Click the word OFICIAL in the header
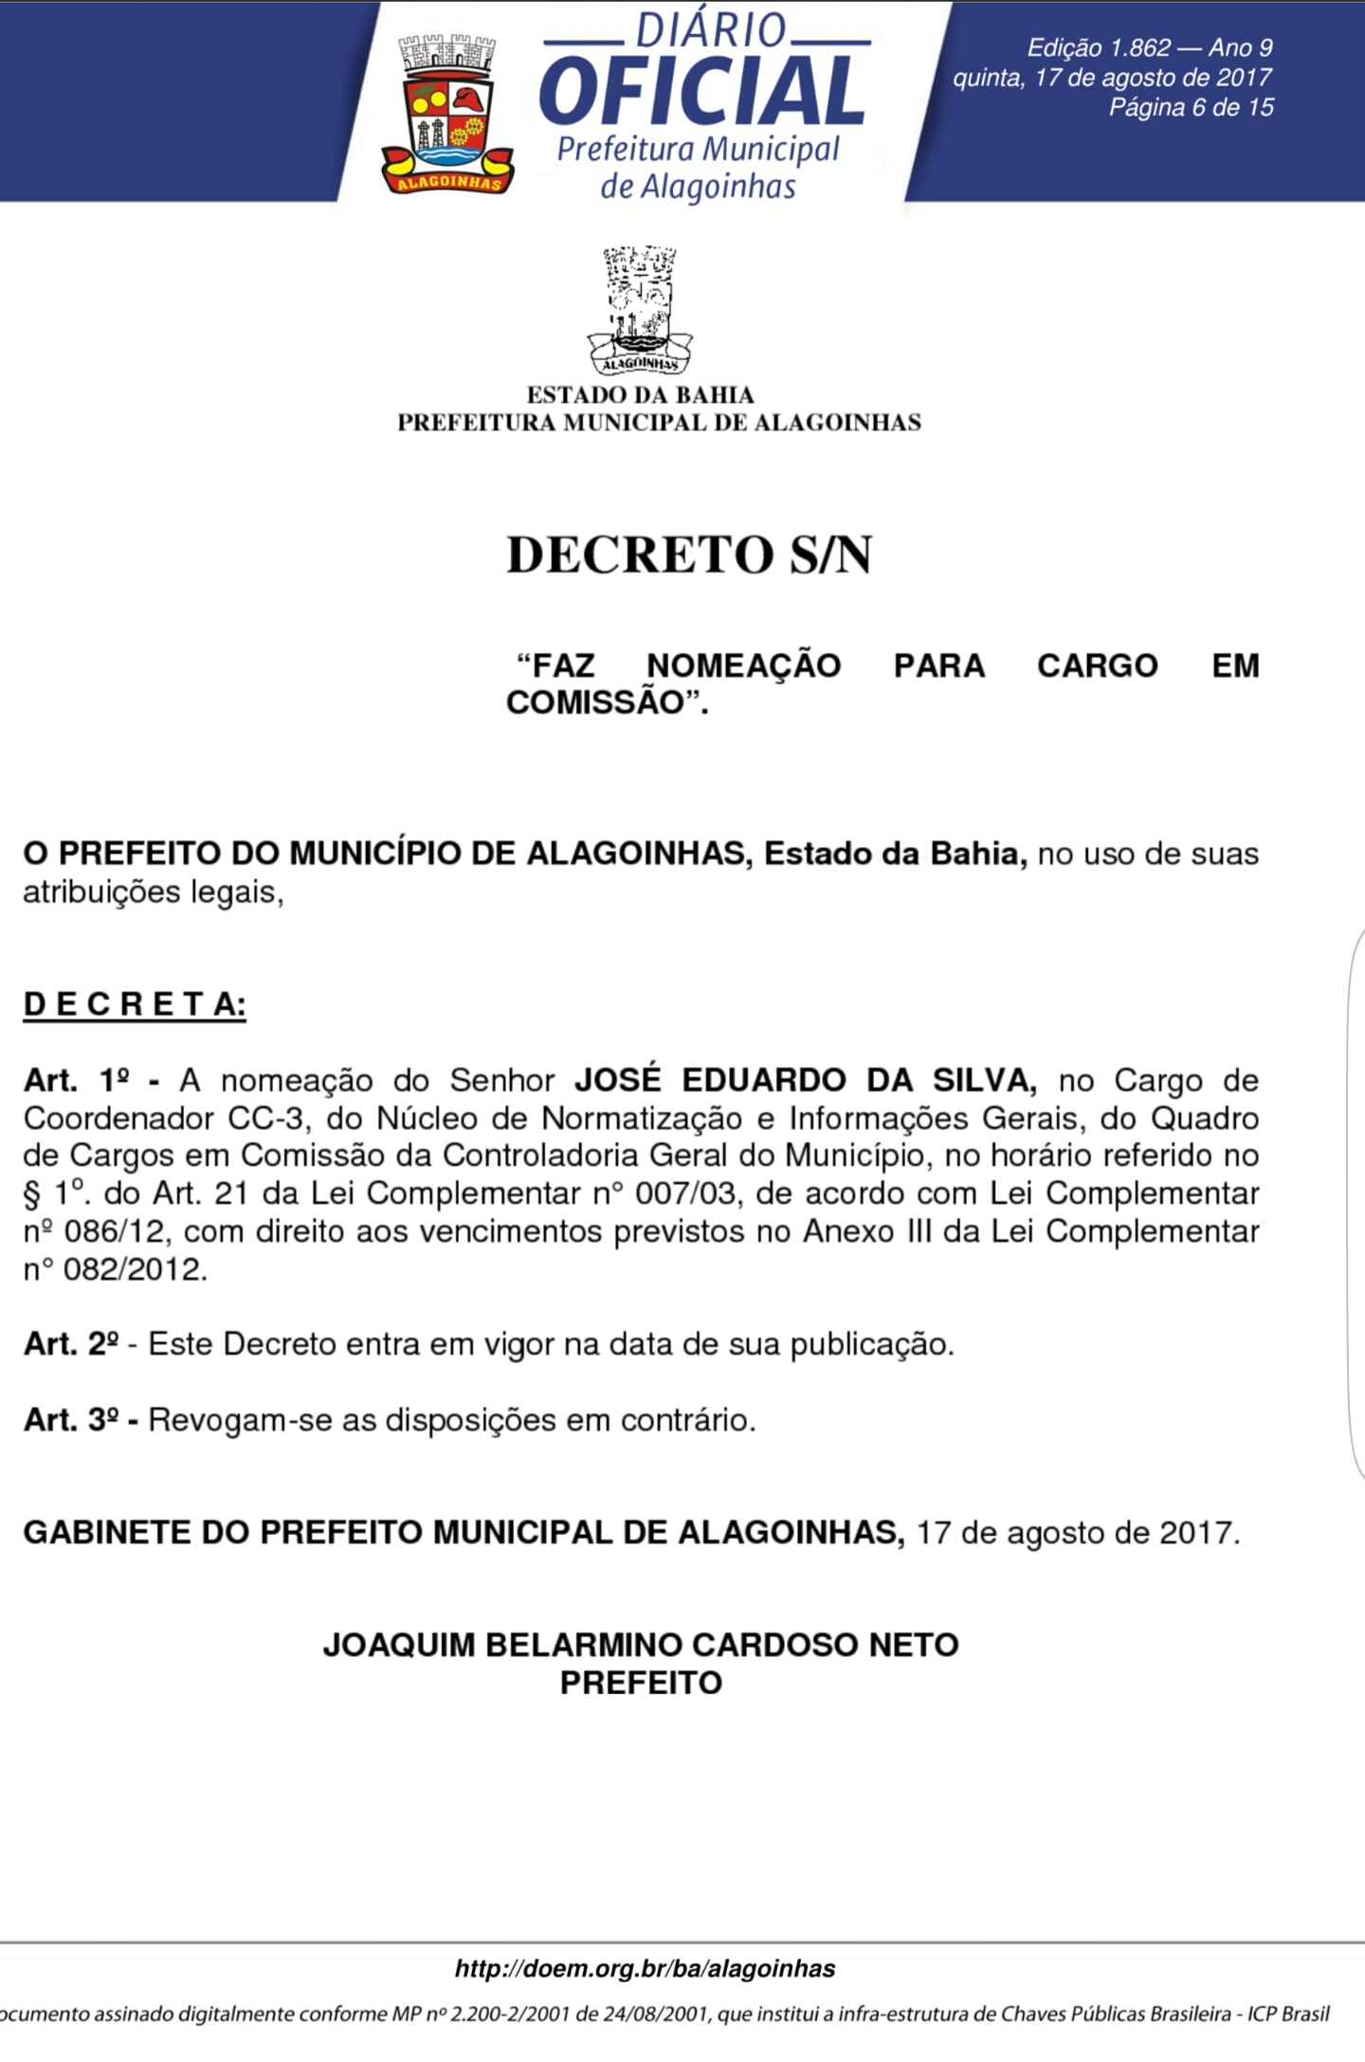(x=702, y=91)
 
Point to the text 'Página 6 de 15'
(x=1191, y=107)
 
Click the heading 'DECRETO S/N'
(x=689, y=555)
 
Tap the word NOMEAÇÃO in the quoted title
(x=743, y=666)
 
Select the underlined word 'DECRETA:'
(x=135, y=1004)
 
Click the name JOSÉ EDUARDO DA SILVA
(x=805, y=1080)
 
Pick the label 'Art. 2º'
(x=71, y=1344)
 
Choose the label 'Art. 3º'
(x=71, y=1420)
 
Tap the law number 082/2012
(x=135, y=1269)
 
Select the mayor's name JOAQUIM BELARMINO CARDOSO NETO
(x=641, y=1644)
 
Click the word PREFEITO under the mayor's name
(x=641, y=1683)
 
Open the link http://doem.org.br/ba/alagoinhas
(x=645, y=1969)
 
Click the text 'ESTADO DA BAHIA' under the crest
(x=640, y=394)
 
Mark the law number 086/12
(x=116, y=1232)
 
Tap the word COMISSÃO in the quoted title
(x=595, y=703)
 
